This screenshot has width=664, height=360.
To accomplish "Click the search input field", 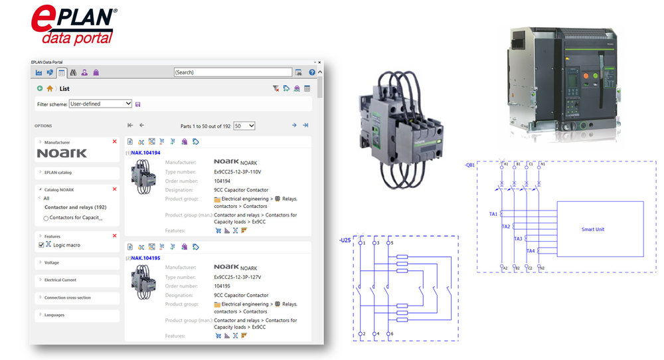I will tap(232, 72).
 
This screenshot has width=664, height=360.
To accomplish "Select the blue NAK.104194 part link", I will tap(145, 153).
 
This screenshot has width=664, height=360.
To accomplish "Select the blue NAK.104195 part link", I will tap(145, 258).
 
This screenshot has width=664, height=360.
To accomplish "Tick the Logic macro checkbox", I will tap(41, 245).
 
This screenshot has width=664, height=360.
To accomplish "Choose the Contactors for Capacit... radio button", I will tap(46, 218).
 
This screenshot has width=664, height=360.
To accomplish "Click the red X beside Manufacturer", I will tap(114, 141).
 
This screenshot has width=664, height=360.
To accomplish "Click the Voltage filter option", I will tap(52, 262).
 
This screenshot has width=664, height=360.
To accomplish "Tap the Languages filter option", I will tap(54, 315).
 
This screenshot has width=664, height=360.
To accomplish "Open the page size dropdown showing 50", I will tap(244, 126).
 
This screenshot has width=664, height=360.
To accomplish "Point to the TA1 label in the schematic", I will tap(493, 214).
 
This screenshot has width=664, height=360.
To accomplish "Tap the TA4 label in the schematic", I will tap(530, 251).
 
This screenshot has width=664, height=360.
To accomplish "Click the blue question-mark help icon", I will tap(312, 72).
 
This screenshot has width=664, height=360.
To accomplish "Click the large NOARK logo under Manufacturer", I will tap(62, 153).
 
